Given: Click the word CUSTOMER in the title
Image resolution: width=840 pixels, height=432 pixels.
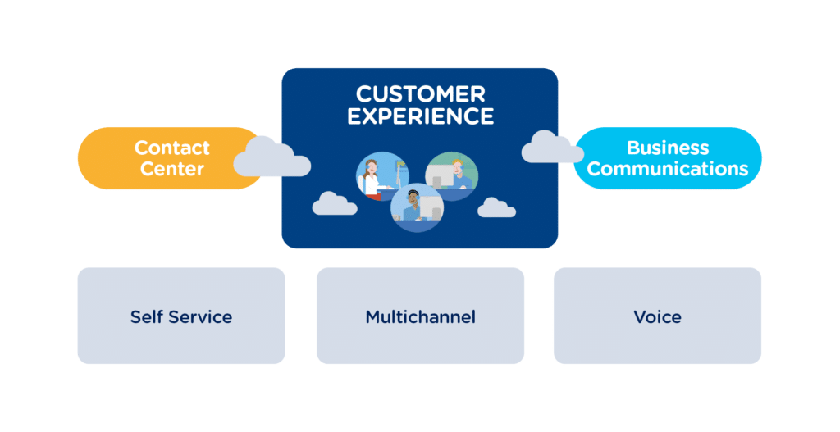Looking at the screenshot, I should coord(420,93).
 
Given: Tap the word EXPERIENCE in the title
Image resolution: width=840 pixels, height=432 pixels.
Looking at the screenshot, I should coord(420,116).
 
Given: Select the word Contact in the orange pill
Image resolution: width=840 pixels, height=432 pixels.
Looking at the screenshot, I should coord(172,148).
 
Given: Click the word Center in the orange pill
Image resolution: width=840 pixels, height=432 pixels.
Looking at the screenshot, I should coord(172,170).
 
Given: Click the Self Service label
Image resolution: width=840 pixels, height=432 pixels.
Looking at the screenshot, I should coord(180,316).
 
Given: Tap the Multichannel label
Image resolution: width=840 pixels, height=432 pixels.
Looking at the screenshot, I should coord(420,316).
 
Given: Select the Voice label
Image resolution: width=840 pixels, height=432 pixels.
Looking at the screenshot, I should coord(657,316).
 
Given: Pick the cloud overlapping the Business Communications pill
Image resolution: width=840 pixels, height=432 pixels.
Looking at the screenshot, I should coord(551,148).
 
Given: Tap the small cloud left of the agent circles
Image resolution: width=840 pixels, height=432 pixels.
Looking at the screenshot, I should coord(335,203).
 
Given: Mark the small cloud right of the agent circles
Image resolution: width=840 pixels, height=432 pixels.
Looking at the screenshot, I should coord(496,207).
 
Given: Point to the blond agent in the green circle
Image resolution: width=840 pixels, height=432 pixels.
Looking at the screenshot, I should coord(459,172).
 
